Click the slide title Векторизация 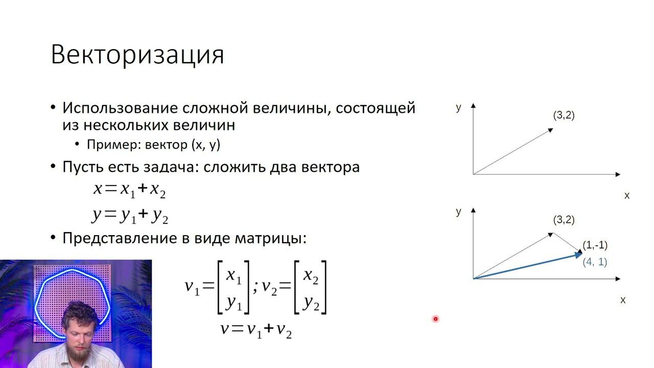point(137,54)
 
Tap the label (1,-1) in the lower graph point(595,245)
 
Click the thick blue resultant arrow point(526,266)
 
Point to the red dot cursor point(435,319)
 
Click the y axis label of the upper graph point(458,107)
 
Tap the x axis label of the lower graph point(622,300)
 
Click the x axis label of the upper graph point(627,196)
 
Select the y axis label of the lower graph point(458,212)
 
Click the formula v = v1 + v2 point(256,329)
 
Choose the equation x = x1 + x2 point(130,190)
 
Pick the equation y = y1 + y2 point(130,216)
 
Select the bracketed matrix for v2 point(310,287)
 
